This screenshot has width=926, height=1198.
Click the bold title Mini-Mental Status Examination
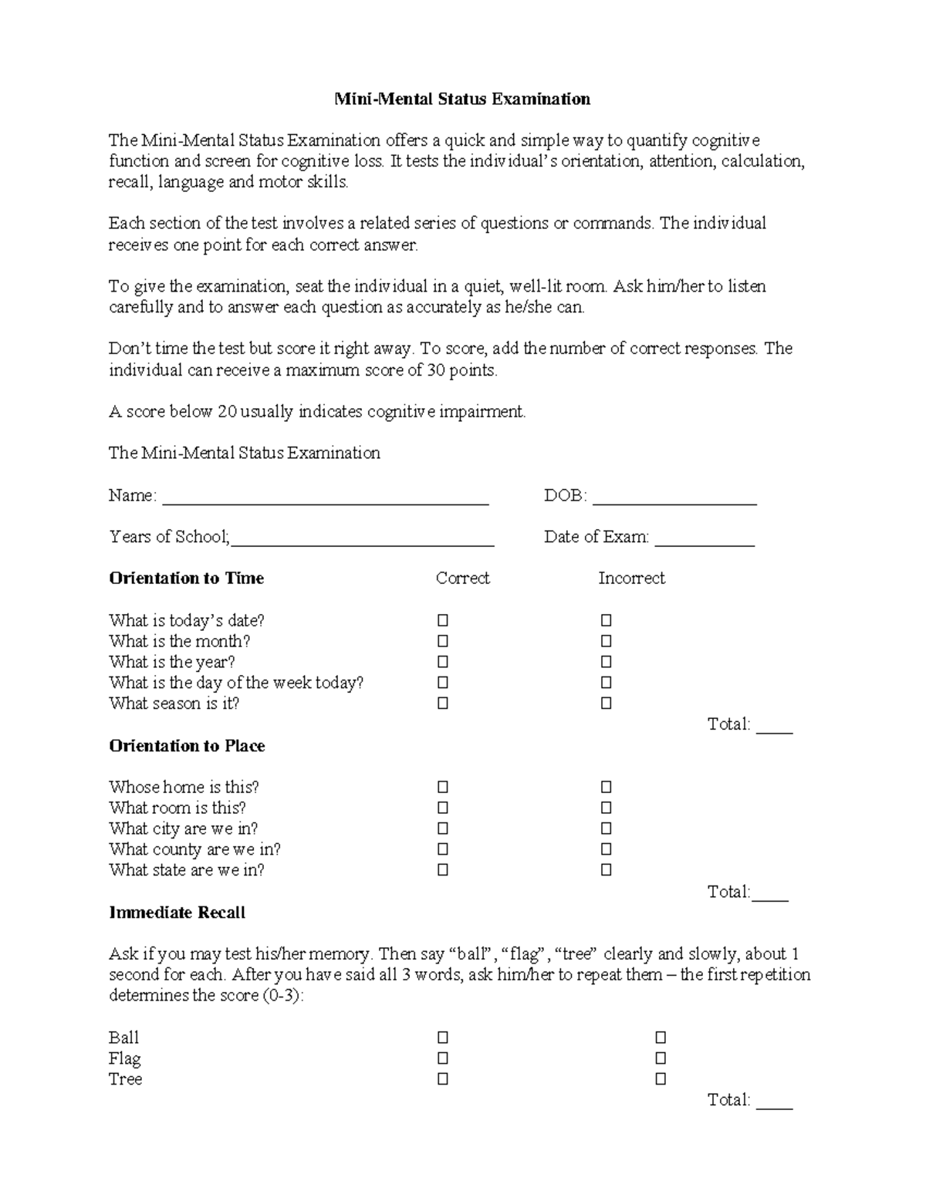point(461,99)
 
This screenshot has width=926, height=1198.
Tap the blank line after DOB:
point(674,498)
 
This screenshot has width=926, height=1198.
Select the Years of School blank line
point(363,539)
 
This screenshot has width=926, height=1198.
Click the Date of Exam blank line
point(704,539)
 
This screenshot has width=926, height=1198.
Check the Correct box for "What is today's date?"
point(443,620)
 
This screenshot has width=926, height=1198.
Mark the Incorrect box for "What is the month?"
point(607,641)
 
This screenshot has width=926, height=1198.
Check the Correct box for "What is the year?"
point(443,662)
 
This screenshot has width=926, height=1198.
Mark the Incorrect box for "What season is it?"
point(607,704)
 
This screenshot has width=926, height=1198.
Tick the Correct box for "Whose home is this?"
point(443,787)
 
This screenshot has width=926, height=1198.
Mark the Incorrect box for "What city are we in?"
point(607,828)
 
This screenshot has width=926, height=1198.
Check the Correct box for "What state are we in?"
point(443,870)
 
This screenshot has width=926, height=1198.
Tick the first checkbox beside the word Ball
point(443,1038)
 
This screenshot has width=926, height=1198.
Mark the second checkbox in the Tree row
point(661,1079)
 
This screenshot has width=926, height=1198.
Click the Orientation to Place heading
point(187,746)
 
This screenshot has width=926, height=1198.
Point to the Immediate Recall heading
point(177,913)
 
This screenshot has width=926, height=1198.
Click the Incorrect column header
point(631,579)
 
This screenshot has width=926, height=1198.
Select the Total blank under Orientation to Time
point(774,727)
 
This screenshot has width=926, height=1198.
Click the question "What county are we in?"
point(194,849)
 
